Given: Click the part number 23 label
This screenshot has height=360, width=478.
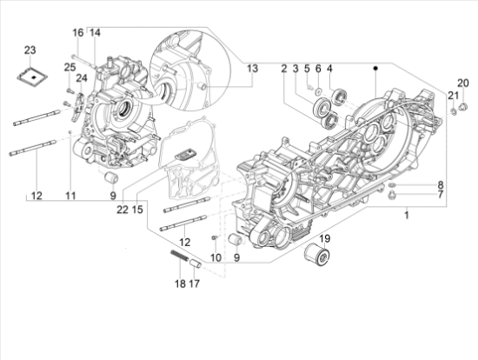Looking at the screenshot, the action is coord(30,50).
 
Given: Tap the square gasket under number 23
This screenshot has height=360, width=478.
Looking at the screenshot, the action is coord(32,75).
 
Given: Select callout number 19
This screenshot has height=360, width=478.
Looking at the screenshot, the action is coord(325,238).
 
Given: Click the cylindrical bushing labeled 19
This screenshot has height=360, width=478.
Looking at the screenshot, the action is coord(317,256).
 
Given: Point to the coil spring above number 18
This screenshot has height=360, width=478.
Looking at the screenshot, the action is coord(179,256).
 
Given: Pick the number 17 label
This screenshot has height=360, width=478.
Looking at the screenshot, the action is coord(194,283).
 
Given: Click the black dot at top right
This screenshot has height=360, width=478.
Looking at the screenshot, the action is coord(375,69).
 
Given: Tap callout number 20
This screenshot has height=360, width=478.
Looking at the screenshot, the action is coord(462,83).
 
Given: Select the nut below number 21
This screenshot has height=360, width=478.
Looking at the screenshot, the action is coord(454,111).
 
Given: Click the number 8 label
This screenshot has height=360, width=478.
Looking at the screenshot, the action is coord(441,185).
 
